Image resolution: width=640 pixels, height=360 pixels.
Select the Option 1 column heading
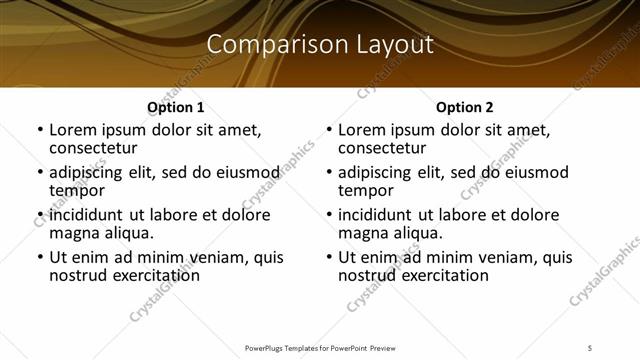click(176, 107)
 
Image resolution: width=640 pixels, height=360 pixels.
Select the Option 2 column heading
click(465, 107)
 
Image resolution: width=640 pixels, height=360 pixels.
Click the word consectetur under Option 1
click(92, 148)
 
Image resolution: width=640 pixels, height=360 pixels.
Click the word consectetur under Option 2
click(381, 148)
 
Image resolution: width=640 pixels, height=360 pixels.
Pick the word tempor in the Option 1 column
click(77, 191)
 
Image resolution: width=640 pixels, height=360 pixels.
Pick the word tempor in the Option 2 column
click(366, 191)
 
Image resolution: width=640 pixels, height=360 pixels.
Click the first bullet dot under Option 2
click(329, 131)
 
